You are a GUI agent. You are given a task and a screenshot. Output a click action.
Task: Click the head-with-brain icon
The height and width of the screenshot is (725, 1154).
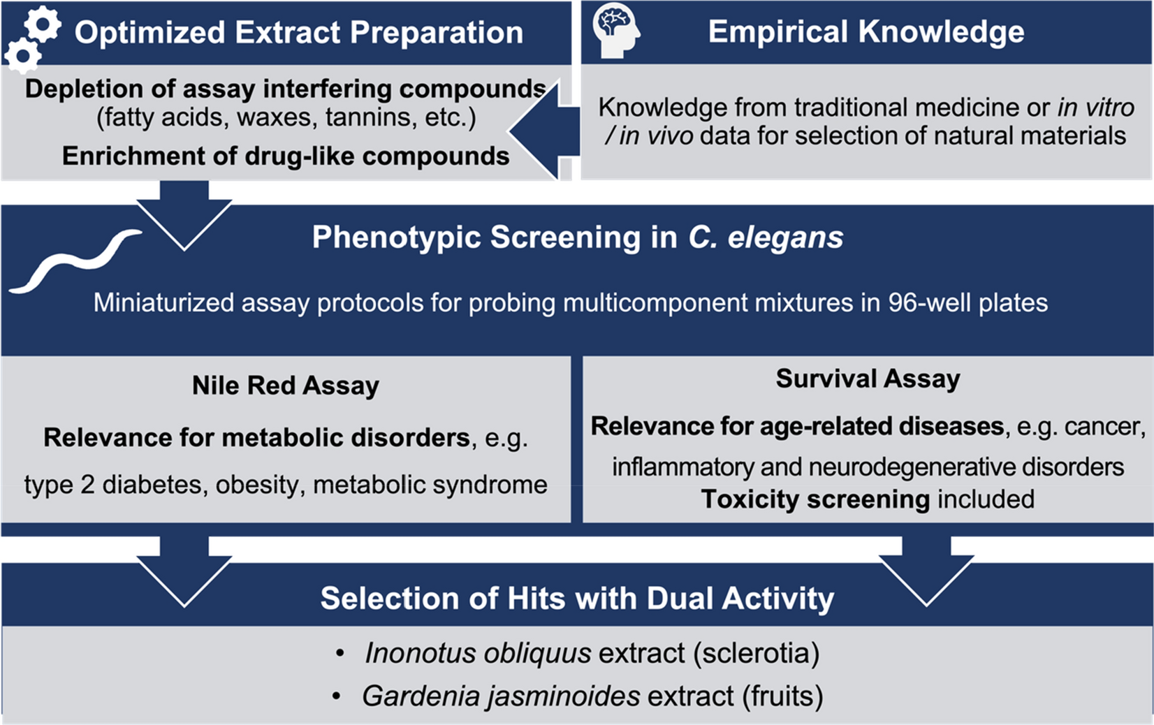click(615, 30)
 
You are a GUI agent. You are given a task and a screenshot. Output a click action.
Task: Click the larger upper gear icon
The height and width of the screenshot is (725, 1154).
click(43, 25)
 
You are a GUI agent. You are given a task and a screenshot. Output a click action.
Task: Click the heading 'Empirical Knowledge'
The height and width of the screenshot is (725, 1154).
click(866, 31)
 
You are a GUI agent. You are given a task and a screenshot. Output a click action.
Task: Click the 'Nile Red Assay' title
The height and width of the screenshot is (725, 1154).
click(285, 386)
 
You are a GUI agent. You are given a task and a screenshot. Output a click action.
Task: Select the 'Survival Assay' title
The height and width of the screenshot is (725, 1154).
click(868, 379)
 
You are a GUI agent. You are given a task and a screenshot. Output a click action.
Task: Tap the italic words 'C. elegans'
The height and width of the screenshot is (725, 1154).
click(766, 237)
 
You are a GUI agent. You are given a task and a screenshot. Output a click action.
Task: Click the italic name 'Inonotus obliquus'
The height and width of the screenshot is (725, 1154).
click(478, 654)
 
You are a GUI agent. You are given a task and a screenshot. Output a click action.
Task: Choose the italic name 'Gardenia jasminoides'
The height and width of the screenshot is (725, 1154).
click(501, 696)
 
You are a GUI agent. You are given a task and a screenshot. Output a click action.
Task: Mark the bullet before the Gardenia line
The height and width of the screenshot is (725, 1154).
click(337, 696)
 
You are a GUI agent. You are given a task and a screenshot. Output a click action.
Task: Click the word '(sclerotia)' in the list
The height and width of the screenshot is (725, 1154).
click(756, 654)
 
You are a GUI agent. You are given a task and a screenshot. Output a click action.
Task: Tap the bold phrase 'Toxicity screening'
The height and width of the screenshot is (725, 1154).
click(815, 499)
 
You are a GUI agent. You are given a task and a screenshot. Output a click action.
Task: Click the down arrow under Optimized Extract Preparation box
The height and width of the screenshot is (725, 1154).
click(184, 217)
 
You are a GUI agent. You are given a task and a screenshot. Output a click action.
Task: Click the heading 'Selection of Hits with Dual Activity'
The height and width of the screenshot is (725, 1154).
click(577, 599)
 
